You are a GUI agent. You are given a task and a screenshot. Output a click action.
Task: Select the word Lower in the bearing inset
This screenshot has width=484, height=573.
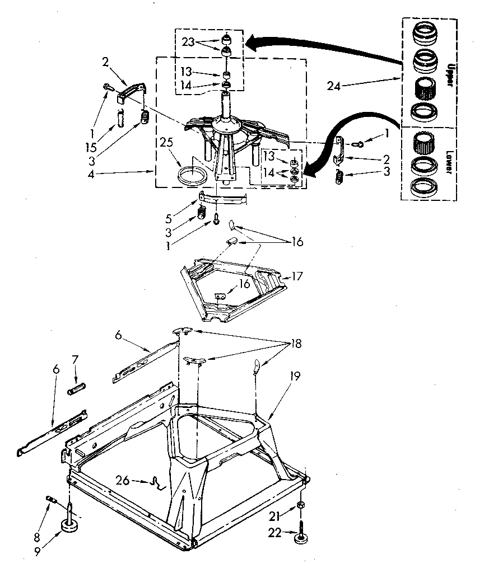(448, 162)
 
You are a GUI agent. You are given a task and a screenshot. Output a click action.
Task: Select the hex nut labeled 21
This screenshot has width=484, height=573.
(301, 506)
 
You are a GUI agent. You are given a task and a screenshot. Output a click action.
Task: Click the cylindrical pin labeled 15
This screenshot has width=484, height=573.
(120, 118)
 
